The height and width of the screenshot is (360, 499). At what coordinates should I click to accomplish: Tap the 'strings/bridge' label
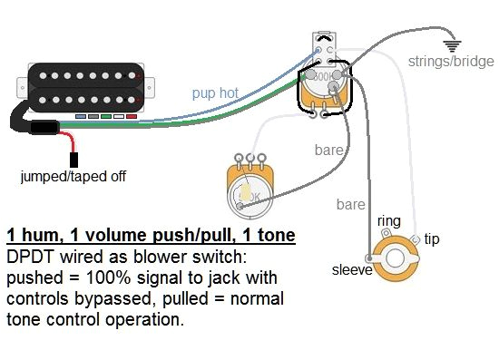(450, 62)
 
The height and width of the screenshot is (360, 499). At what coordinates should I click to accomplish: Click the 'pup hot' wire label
(215, 92)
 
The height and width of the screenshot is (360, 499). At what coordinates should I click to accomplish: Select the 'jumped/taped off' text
(73, 176)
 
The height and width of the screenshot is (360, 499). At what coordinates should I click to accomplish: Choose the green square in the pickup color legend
(105, 118)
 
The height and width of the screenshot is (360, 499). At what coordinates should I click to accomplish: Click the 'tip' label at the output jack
(432, 238)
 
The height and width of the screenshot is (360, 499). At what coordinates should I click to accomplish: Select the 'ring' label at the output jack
(387, 220)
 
